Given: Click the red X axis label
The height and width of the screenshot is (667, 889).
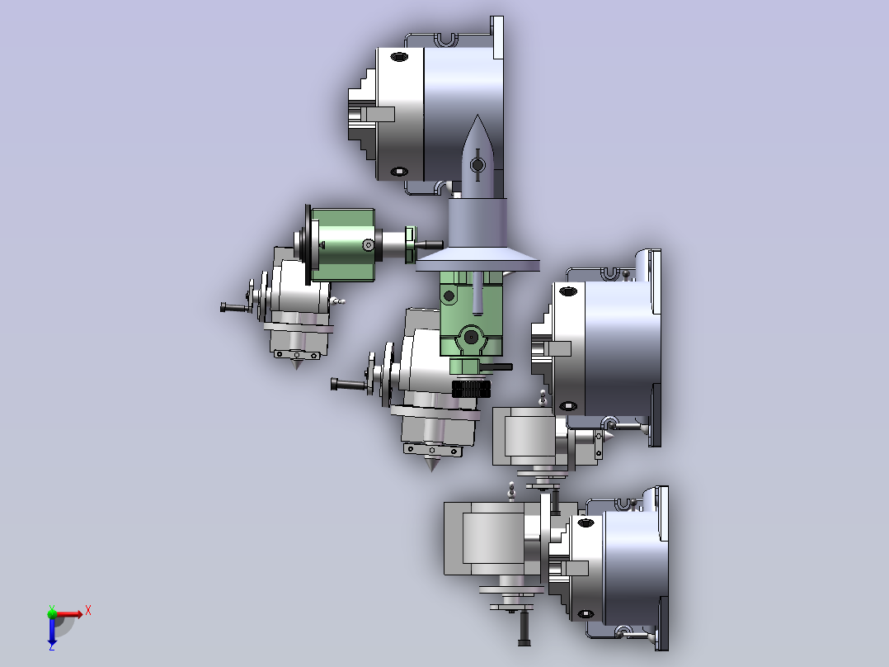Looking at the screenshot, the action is point(88,611).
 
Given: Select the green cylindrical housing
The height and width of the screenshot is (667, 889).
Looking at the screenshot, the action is point(342,244).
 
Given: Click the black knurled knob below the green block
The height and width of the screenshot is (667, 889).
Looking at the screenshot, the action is point(471,389).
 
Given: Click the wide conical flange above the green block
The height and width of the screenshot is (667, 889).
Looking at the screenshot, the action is point(477,262).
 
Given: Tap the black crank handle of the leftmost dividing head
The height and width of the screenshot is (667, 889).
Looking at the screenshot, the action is point(235,308).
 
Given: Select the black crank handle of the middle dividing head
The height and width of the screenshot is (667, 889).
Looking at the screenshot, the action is point(348,385).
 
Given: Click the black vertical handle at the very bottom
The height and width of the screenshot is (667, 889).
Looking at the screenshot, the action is point(524,627).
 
